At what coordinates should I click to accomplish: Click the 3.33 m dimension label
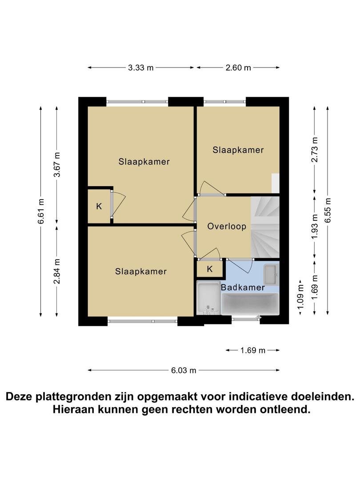[x=140, y=68]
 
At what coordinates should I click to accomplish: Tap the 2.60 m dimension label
[x=238, y=68]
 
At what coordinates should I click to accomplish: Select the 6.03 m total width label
[x=184, y=370]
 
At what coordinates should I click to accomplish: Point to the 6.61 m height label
[x=41, y=211]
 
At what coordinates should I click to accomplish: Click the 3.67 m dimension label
[x=57, y=164]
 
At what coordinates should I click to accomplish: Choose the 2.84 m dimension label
[x=57, y=271]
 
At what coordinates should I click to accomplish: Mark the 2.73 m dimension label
[x=315, y=149]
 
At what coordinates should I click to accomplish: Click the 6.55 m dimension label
[x=328, y=211]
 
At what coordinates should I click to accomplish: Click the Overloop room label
[x=227, y=227]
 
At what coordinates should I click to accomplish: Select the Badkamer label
[x=243, y=288]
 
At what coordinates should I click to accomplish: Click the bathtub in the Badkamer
[x=250, y=304]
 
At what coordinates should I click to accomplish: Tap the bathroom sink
[x=271, y=274]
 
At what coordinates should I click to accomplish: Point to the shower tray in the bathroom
[x=208, y=297]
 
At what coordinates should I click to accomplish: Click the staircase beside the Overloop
[x=265, y=227]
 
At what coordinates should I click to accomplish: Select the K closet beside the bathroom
[x=210, y=269]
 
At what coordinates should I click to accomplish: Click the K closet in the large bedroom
[x=99, y=206]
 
